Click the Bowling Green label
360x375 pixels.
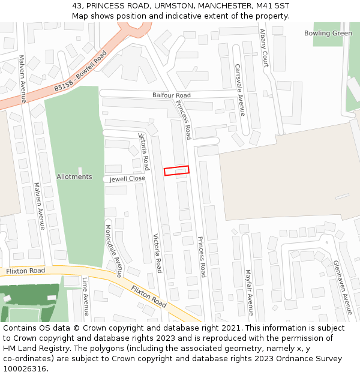click(328, 33)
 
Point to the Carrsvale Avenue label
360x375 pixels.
click(240, 90)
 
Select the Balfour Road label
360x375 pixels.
click(171, 95)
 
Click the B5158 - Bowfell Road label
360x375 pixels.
click(80, 71)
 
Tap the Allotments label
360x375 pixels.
click(74, 177)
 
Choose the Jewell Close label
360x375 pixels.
click(127, 179)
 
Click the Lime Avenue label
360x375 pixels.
click(86, 296)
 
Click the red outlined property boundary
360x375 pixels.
click(176, 170)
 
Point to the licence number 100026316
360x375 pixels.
click(26, 369)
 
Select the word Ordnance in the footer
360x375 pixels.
click(298, 359)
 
